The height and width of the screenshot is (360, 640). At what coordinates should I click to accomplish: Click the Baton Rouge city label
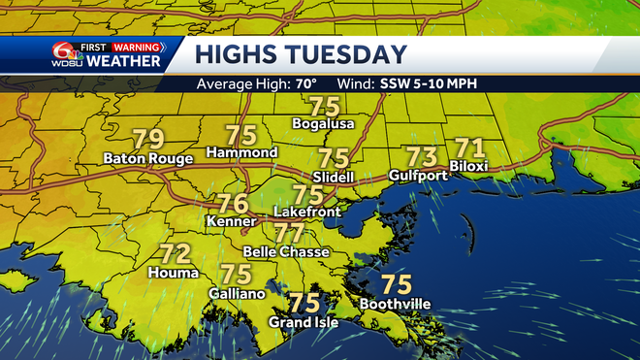click(x=149, y=158)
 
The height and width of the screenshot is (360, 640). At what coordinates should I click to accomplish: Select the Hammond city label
click(x=242, y=153)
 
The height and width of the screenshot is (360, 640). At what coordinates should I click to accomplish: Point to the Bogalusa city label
click(x=324, y=124)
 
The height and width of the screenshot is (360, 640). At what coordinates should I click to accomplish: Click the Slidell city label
click(x=334, y=178)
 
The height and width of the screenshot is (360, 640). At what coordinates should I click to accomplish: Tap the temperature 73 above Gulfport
click(x=421, y=156)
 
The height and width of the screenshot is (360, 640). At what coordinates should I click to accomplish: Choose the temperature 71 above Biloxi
click(x=469, y=148)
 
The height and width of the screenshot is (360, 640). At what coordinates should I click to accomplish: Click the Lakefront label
click(x=307, y=211)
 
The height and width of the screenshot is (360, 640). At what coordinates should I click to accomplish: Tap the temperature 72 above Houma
click(x=175, y=255)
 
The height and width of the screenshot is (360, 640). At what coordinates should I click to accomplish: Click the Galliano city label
click(x=237, y=292)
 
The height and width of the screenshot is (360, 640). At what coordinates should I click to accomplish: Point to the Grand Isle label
click(x=304, y=322)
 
